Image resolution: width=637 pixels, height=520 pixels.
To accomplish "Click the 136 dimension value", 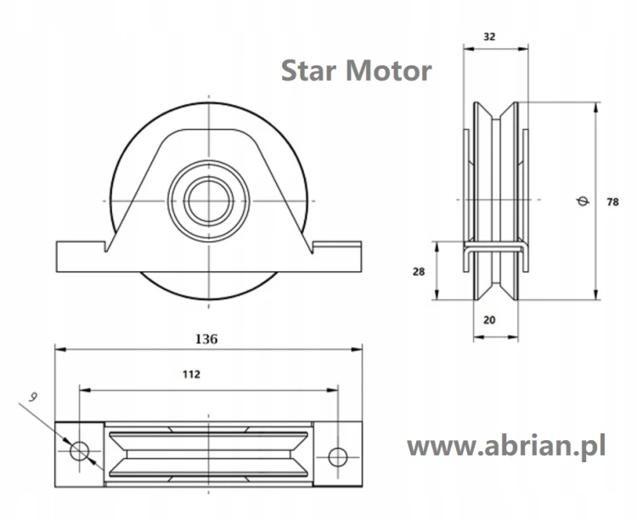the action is (x=206, y=339).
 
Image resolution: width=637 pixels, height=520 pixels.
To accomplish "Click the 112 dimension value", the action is (x=191, y=374).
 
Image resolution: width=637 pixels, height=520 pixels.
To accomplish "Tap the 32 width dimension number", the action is (x=489, y=37).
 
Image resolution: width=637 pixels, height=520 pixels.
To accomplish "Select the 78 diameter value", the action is (x=612, y=201).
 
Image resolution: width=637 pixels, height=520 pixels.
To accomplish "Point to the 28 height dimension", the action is (x=419, y=271).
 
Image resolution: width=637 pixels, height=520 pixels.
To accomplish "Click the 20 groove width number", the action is (x=489, y=320).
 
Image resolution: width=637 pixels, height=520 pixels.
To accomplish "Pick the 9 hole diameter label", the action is (x=33, y=397).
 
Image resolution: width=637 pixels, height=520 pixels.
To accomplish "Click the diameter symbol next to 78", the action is (x=583, y=201).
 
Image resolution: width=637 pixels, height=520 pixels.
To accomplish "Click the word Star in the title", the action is (x=308, y=71).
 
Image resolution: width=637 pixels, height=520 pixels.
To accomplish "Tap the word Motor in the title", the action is (x=388, y=71).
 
